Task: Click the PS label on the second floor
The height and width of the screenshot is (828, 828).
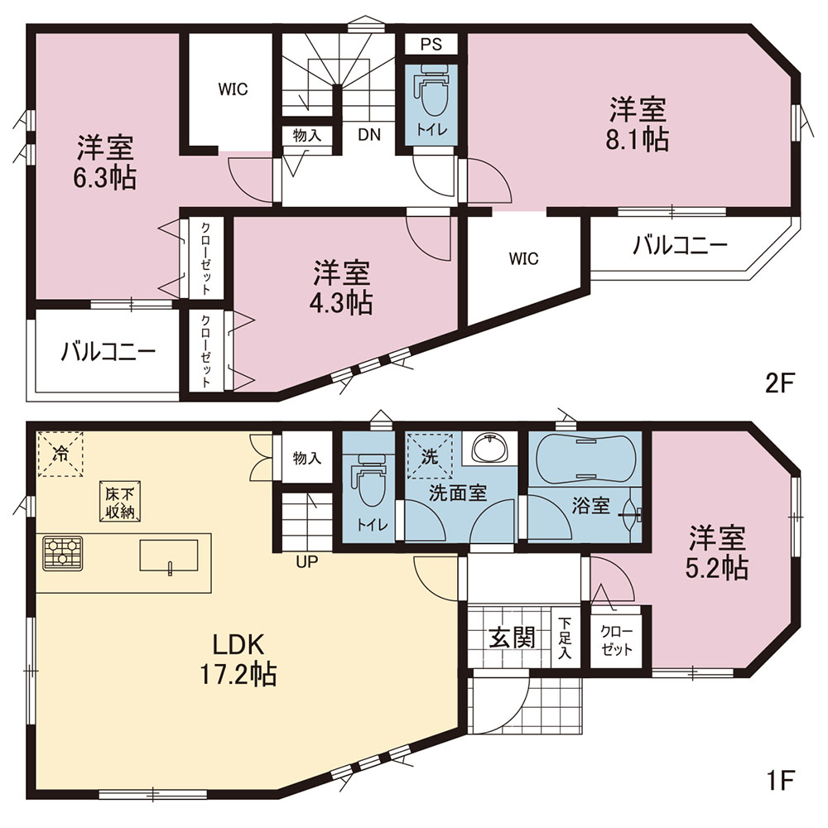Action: (x=431, y=45)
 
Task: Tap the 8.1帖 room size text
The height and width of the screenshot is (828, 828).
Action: (x=638, y=140)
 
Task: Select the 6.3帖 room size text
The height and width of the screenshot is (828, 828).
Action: (x=104, y=178)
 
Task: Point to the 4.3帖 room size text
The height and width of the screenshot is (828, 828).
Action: (x=340, y=303)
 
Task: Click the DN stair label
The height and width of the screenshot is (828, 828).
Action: (x=369, y=135)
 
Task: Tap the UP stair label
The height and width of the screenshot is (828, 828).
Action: (x=307, y=562)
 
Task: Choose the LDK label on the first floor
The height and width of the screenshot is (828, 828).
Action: (x=238, y=644)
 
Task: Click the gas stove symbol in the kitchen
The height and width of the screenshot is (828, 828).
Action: (x=63, y=553)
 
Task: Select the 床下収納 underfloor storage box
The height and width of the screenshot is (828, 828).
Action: (x=120, y=502)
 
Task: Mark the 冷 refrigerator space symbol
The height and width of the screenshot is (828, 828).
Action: (x=60, y=454)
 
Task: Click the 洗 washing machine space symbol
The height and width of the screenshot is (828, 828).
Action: (x=429, y=454)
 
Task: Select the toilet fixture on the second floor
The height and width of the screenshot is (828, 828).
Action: (x=431, y=90)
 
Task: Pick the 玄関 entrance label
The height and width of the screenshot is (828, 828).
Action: (x=513, y=638)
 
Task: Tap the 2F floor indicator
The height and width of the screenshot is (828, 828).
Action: (x=780, y=384)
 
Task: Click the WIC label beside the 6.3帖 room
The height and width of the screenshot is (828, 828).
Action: (x=233, y=89)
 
